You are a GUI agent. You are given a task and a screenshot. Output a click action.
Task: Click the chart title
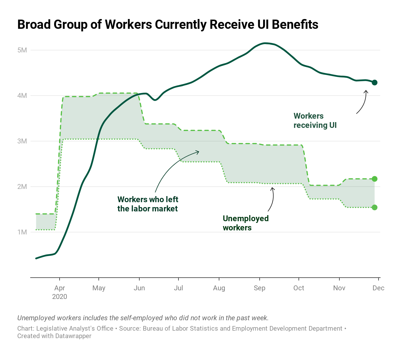[x=168, y=25]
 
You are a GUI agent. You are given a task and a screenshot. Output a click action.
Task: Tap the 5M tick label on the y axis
[x=22, y=50]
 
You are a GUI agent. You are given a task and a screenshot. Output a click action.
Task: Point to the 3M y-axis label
[x=22, y=141]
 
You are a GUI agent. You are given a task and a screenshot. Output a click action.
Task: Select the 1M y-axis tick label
[x=22, y=232]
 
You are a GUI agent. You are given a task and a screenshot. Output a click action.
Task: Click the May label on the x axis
[x=99, y=288]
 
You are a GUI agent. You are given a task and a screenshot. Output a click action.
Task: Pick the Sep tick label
[x=259, y=288]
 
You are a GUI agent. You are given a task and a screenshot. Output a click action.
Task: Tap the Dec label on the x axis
[x=378, y=288]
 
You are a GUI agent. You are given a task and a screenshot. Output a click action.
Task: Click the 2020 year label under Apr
[x=60, y=297]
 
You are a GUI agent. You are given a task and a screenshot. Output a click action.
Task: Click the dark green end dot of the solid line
[x=375, y=83]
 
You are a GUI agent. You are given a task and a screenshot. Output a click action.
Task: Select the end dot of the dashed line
[x=375, y=179]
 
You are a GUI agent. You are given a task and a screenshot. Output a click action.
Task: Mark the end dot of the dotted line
[x=375, y=207]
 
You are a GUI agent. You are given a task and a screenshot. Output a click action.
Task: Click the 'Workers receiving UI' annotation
[x=315, y=121]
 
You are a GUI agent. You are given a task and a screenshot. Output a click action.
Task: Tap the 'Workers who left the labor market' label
[x=148, y=204]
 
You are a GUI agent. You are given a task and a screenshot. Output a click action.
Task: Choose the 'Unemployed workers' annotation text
[x=246, y=223]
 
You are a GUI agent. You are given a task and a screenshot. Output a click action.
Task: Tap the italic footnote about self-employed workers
[x=143, y=318]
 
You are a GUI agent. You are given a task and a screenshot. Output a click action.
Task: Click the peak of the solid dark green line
[x=265, y=43]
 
